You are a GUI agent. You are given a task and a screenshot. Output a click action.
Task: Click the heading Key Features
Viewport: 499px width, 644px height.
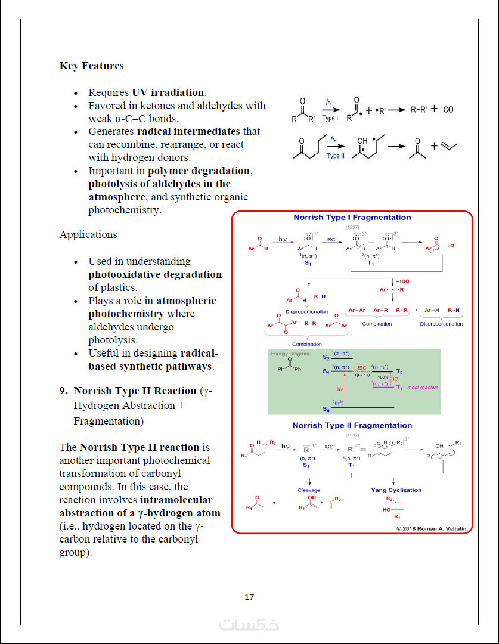[91, 66]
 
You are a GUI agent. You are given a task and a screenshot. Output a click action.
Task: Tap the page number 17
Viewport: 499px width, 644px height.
[249, 597]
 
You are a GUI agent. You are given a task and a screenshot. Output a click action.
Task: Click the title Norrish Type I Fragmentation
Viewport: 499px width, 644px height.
[352, 218]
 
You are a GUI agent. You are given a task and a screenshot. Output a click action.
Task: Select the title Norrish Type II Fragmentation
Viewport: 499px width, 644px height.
[352, 425]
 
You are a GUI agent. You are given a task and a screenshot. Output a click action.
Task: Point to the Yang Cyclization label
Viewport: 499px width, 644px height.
[396, 490]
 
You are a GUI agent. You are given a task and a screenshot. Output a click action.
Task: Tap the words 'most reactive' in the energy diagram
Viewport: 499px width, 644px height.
[422, 388]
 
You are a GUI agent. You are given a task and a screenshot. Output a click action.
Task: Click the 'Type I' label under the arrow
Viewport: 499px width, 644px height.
[330, 119]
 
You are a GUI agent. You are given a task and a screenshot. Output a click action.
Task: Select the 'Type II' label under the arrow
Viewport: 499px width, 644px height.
[336, 156]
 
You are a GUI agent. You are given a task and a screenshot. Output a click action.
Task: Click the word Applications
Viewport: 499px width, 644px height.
[88, 234]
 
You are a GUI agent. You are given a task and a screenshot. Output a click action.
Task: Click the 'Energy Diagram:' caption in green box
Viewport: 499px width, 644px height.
[290, 354]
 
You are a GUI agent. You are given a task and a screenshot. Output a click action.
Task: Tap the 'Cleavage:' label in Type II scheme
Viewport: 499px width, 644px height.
[309, 490]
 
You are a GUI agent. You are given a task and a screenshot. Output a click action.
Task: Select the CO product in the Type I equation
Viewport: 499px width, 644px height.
[448, 110]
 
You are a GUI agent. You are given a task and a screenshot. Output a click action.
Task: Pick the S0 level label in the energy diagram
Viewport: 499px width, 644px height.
[326, 409]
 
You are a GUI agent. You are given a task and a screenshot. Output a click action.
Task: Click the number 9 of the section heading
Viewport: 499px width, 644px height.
[62, 391]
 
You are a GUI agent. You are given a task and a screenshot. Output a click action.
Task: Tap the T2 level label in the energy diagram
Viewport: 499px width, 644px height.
[399, 371]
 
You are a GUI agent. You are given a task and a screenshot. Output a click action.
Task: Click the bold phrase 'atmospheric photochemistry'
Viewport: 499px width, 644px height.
[152, 307]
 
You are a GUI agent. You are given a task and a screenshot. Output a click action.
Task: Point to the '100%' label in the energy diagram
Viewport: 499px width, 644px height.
[383, 377]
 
